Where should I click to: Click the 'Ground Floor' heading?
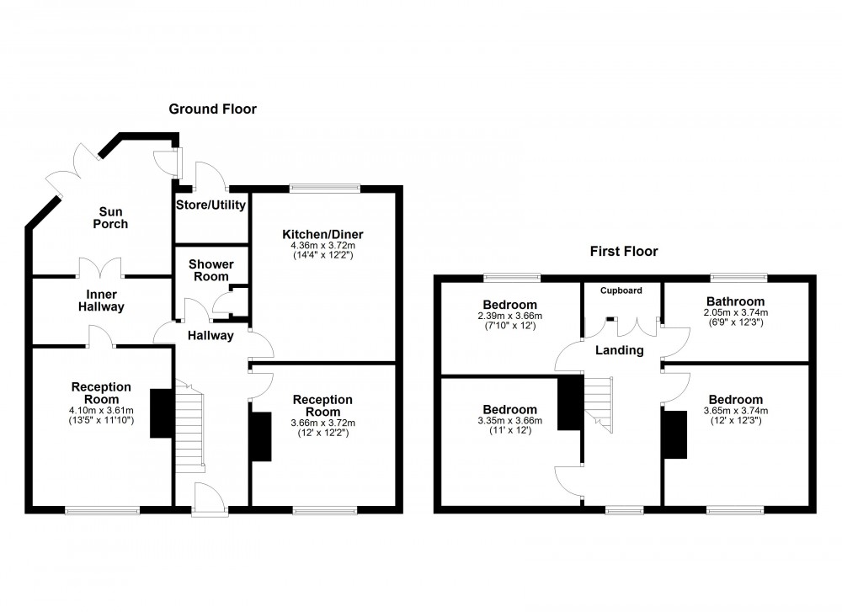click(212, 109)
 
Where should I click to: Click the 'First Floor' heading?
click(624, 251)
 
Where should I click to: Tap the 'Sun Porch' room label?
click(110, 217)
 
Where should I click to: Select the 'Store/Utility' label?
click(210, 205)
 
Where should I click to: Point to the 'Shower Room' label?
click(210, 270)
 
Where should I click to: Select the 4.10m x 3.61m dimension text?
click(101, 410)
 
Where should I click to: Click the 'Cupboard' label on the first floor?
click(621, 290)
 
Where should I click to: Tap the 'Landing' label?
click(621, 350)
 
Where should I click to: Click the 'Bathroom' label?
click(735, 301)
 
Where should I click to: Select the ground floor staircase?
click(189, 426)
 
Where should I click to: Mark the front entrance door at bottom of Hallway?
click(207, 499)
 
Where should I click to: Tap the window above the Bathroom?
click(738, 276)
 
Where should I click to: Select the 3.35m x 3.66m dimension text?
click(509, 421)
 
